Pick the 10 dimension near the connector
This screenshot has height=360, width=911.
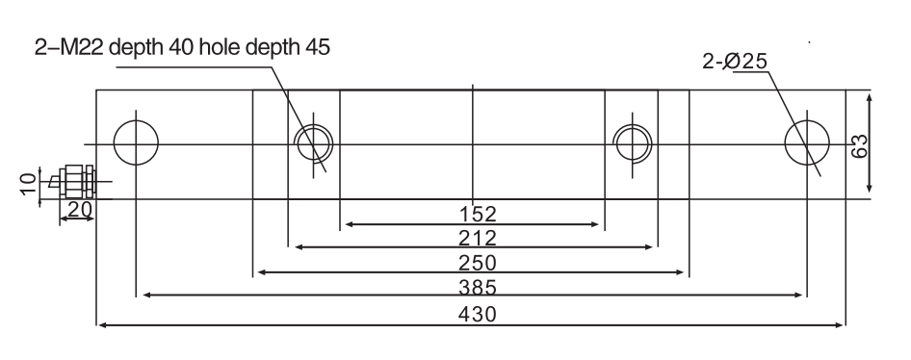tap(29, 180)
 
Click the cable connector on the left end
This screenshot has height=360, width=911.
tap(74, 180)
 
